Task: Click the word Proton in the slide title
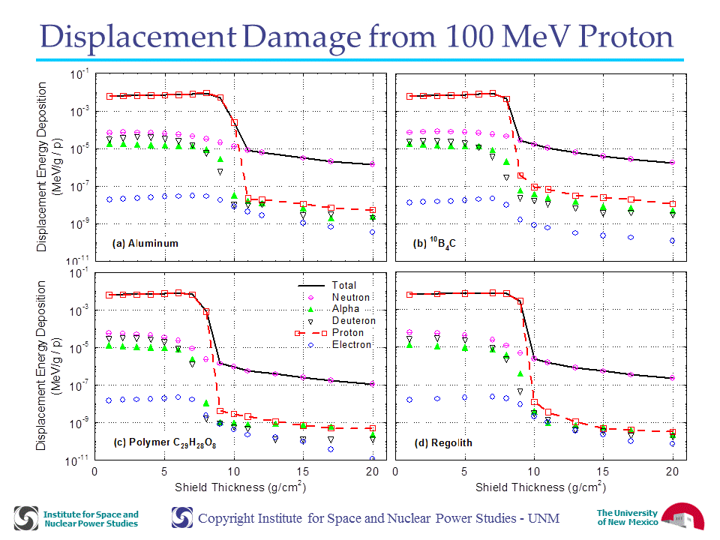(625, 36)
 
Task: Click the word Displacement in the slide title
(138, 37)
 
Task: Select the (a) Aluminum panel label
(145, 243)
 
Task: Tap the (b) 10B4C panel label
(434, 242)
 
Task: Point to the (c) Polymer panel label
(165, 442)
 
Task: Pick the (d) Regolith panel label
(443, 442)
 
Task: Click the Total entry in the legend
(328, 285)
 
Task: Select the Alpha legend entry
(334, 309)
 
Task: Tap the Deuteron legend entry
(342, 320)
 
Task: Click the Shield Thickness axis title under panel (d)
(541, 487)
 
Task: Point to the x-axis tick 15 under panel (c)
(302, 472)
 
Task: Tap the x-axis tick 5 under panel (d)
(464, 472)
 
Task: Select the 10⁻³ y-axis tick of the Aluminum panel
(79, 112)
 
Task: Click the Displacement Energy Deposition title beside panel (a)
(48, 167)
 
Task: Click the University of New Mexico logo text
(627, 517)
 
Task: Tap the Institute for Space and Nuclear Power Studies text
(91, 519)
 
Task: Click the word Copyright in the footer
(227, 518)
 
